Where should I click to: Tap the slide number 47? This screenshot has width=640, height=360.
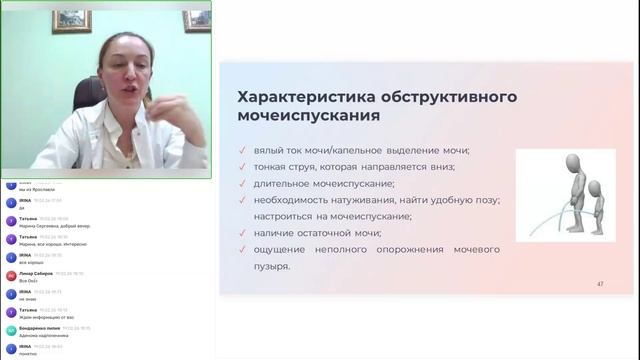(600, 284)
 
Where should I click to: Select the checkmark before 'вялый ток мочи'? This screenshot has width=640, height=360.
(243, 151)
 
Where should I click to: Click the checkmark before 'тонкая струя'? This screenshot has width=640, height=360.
(243, 167)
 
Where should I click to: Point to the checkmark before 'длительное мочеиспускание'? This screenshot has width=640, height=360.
(243, 184)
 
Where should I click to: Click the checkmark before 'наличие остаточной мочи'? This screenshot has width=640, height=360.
(243, 233)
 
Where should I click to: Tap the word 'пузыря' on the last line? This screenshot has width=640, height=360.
(269, 266)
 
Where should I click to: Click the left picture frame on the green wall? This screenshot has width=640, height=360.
(71, 20)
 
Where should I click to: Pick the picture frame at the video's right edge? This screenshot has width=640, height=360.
(197, 20)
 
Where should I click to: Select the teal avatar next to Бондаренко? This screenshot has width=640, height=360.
(11, 330)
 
